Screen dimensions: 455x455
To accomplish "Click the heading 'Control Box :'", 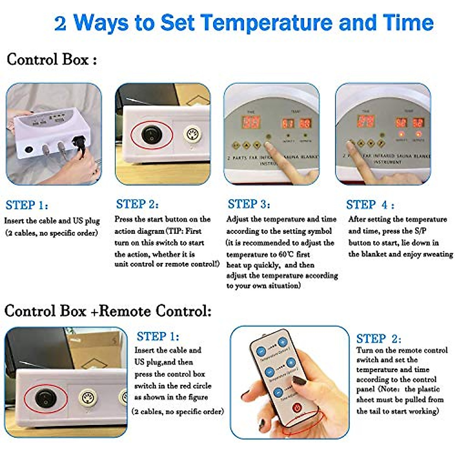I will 52,60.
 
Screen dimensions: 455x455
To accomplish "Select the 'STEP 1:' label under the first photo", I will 27,206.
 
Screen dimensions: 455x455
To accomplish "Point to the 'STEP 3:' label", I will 249,204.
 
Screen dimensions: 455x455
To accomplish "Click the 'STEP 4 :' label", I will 370,205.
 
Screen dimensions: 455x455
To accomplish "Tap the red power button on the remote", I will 297,408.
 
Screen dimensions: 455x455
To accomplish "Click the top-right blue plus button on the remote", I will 283,342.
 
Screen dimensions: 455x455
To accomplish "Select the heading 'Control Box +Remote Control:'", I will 108,311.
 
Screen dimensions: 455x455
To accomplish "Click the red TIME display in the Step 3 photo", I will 251,122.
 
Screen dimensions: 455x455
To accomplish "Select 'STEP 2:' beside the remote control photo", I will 378,338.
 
